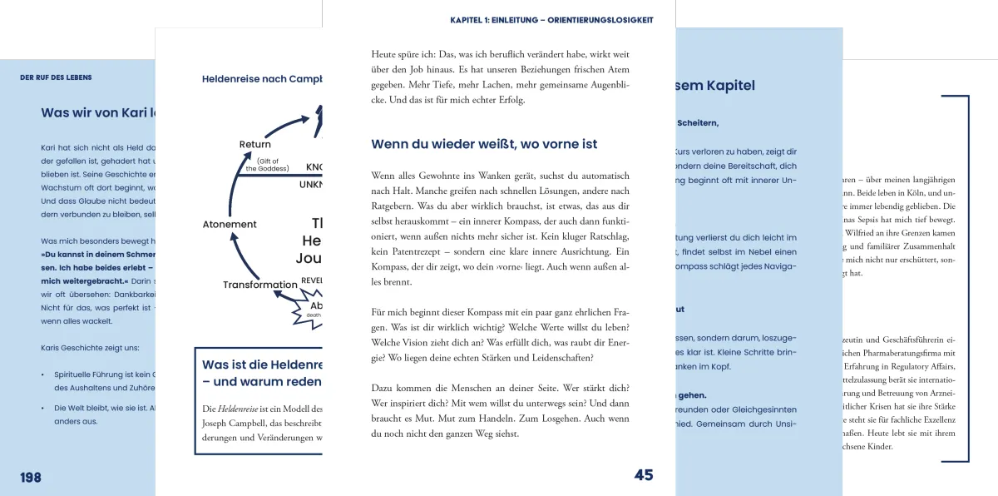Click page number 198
pyautogui.click(x=31, y=477)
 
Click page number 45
pyautogui.click(x=644, y=475)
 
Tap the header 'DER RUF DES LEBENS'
pyautogui.click(x=56, y=77)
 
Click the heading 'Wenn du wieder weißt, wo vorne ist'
pyautogui.click(x=484, y=144)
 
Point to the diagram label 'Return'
pyautogui.click(x=254, y=145)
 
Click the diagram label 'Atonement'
pyautogui.click(x=230, y=224)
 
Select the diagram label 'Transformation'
pyautogui.click(x=259, y=285)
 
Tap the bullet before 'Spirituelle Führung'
pyautogui.click(x=43, y=374)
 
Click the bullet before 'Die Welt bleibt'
pyautogui.click(x=43, y=408)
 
